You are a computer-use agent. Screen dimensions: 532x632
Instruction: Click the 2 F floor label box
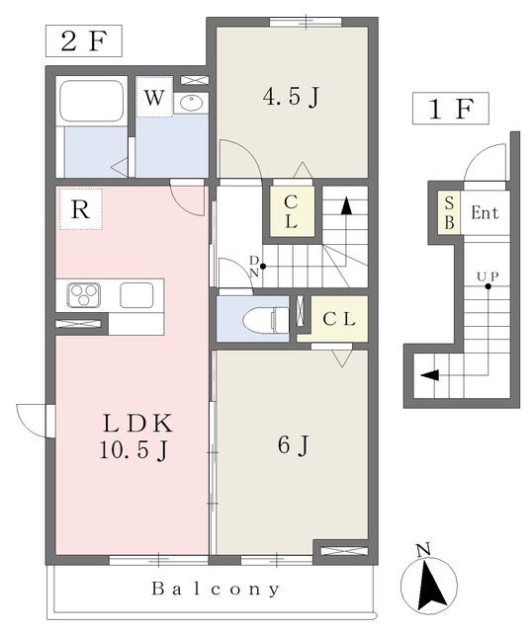tap(83, 40)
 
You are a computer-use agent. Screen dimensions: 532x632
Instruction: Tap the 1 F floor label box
tap(451, 108)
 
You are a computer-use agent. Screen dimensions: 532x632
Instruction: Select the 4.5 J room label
tap(291, 97)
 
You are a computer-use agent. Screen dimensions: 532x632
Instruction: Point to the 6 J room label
tap(294, 445)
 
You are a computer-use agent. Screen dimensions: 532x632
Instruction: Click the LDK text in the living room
tap(138, 424)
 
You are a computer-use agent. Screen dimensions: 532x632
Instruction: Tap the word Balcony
tap(216, 589)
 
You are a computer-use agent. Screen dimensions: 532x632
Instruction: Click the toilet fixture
tap(265, 320)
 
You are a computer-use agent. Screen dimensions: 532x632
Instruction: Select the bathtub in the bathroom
tap(92, 101)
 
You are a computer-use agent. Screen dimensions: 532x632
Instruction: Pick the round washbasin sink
tap(192, 103)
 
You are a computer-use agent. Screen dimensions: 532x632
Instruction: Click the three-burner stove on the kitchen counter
tap(83, 295)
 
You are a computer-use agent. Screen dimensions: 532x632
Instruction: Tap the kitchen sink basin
tap(136, 295)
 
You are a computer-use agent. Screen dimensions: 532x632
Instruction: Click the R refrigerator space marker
tap(81, 209)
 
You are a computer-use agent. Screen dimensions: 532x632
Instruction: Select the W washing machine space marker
tap(154, 97)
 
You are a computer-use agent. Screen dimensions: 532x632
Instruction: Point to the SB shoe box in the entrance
tap(449, 212)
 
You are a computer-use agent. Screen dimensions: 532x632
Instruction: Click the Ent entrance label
tap(485, 212)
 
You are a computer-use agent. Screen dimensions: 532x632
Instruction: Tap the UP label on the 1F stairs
tap(488, 276)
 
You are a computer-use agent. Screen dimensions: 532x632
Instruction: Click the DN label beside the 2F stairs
tap(254, 267)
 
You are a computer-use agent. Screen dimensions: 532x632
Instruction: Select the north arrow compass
tap(429, 584)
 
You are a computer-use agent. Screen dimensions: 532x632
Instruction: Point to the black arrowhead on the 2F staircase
tap(346, 205)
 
